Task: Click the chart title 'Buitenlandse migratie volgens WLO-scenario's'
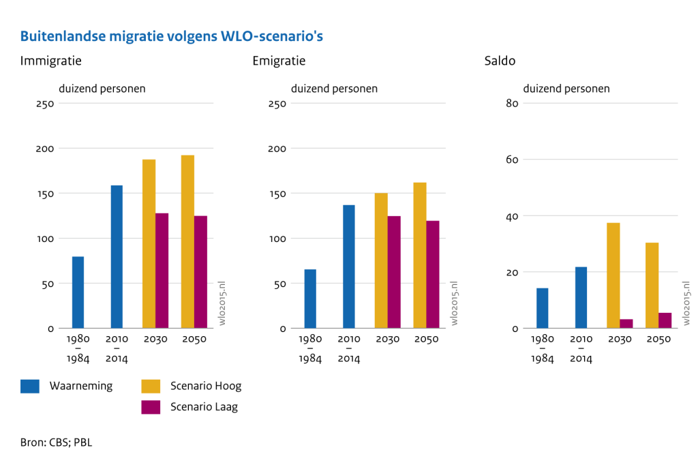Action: (171, 36)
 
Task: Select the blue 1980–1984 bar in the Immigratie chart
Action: (78, 292)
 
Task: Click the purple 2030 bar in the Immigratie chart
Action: (162, 271)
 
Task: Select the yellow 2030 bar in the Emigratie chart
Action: (381, 260)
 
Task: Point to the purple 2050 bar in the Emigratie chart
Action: (433, 275)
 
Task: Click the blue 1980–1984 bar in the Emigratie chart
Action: (310, 299)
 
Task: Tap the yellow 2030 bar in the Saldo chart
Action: (613, 275)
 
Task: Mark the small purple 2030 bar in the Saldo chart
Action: (626, 323)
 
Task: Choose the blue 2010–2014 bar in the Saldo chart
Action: (581, 297)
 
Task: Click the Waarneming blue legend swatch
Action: (30, 387)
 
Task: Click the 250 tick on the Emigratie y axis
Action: (277, 104)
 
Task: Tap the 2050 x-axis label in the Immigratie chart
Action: (194, 340)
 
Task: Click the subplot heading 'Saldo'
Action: (500, 61)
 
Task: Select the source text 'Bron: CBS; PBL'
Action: (56, 442)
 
